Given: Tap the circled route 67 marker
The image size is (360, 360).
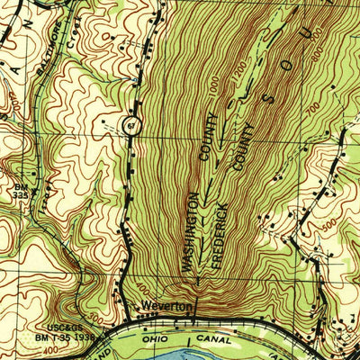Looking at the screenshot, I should pos(131,125).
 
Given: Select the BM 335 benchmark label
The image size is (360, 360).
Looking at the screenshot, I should pos(21,191).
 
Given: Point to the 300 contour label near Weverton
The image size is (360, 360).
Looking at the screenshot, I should pos(97,318).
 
